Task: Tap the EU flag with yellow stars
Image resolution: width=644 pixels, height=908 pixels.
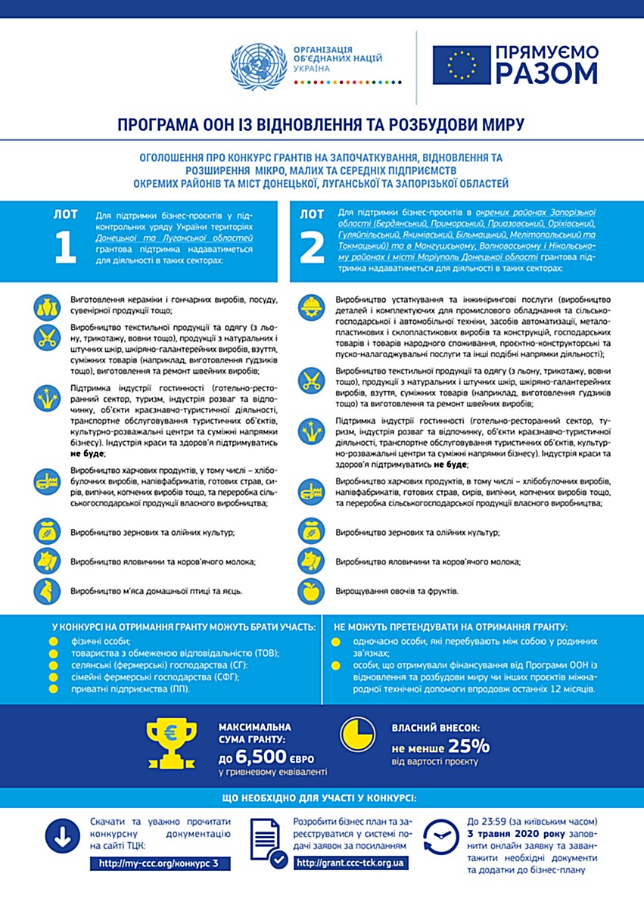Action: pos(461,64)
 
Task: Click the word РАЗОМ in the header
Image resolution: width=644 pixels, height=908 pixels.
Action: pos(547,73)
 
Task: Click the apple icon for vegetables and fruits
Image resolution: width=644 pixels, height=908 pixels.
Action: pos(311,591)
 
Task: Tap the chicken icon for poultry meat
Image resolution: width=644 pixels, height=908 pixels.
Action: pos(46,590)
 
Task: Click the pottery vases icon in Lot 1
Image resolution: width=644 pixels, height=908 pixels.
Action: pos(46,306)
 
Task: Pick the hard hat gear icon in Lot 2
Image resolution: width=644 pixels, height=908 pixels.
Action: pos(311,306)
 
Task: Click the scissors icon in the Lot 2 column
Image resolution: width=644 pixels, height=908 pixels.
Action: pos(311,378)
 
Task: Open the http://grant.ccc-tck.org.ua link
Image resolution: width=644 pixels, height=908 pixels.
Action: pos(350,863)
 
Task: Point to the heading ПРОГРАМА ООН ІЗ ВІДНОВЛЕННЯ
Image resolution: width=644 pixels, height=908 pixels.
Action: pos(321,123)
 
